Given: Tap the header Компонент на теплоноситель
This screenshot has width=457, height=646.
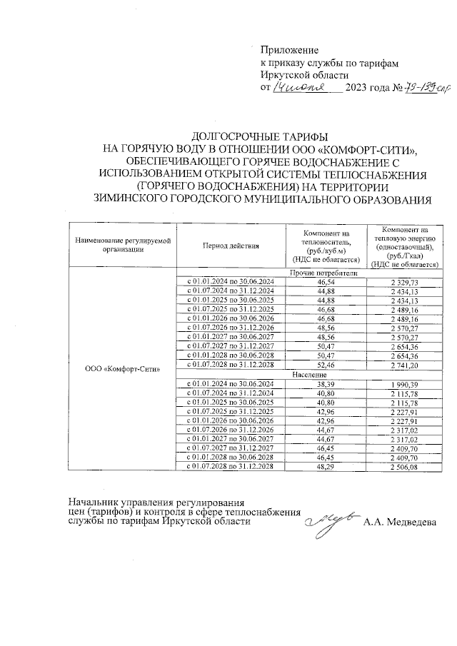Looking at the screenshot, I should click(x=326, y=246).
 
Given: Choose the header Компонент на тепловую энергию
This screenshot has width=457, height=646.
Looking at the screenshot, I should click(x=404, y=246).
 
